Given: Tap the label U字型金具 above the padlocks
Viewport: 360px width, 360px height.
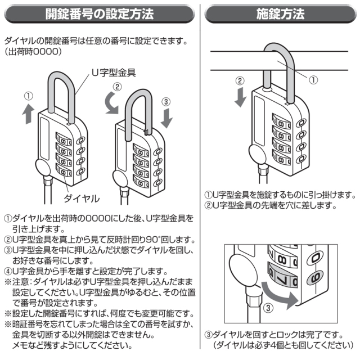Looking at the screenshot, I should tap(113, 73).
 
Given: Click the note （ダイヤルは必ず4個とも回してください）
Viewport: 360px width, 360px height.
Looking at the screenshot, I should tap(283, 345).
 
